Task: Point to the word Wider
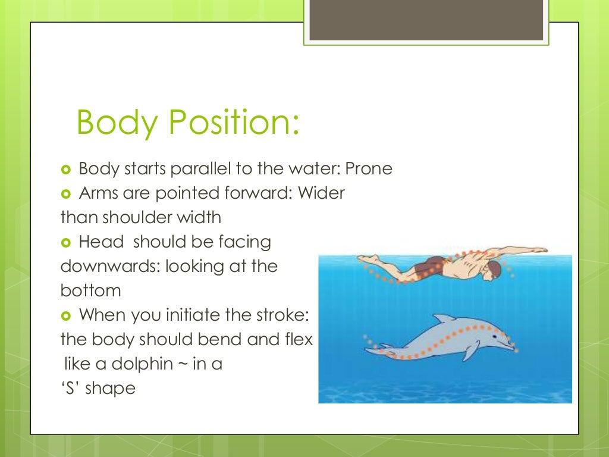pos(321,193)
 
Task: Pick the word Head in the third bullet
pos(101,242)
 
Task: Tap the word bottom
pos(90,291)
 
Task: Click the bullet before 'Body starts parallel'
pos(66,170)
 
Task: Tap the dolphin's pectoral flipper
pos(471,351)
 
